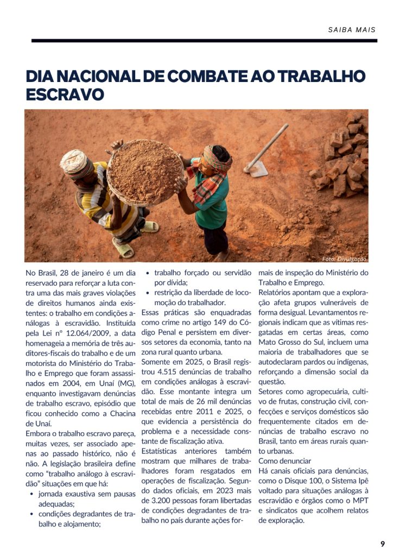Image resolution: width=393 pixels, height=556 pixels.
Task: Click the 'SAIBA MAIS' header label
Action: pyautogui.click(x=352, y=30)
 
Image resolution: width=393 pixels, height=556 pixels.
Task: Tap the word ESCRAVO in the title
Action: pyautogui.click(x=65, y=94)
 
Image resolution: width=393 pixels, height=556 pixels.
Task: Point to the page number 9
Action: pyautogui.click(x=382, y=544)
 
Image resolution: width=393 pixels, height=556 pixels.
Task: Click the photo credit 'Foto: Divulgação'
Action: pyautogui.click(x=344, y=259)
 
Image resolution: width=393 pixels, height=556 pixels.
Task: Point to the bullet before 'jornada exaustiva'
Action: pyautogui.click(x=33, y=494)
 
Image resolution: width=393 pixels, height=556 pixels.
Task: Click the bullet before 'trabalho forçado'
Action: pyautogui.click(x=148, y=273)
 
